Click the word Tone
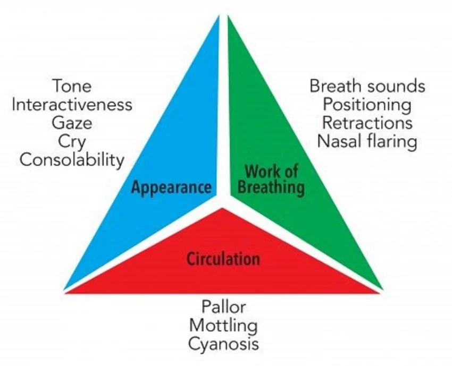click(72, 86)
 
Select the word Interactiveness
click(72, 105)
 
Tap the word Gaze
click(72, 123)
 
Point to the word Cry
click(72, 142)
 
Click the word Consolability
click(72, 160)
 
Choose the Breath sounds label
click(367, 86)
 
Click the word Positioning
click(367, 105)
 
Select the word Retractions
click(367, 123)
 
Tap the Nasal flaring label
click(367, 142)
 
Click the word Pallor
click(223, 307)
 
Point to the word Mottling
click(223, 325)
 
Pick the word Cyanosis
click(223, 344)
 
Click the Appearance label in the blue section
click(171, 187)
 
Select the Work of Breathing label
click(271, 179)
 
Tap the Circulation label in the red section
click(223, 259)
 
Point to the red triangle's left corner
click(66, 292)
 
